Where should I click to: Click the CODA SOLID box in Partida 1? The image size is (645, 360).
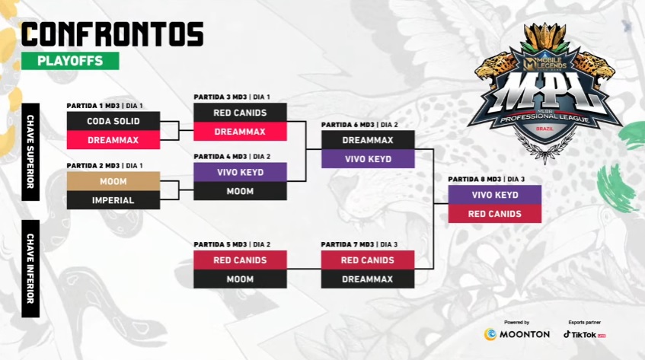click(113, 121)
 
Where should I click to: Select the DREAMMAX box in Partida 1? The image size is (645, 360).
click(113, 140)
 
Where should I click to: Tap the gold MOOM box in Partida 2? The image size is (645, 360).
click(113, 182)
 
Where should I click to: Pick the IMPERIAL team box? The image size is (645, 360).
click(113, 200)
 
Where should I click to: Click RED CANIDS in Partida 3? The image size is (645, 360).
click(240, 113)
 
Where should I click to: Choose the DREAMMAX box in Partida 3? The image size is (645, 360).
click(240, 132)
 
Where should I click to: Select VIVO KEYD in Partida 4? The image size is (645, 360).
click(240, 172)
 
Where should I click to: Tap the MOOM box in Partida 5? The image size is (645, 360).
click(240, 279)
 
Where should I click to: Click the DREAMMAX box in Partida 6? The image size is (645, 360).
click(368, 140)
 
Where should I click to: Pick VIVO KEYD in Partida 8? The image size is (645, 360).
click(494, 195)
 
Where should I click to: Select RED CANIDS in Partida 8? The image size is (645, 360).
click(494, 214)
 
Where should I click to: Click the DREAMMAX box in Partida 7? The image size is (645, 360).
click(368, 279)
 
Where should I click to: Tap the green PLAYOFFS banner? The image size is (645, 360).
click(70, 61)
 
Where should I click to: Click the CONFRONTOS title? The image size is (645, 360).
click(112, 33)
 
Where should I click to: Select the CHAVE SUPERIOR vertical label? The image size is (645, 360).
click(30, 151)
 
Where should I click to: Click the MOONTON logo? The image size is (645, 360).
click(517, 334)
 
